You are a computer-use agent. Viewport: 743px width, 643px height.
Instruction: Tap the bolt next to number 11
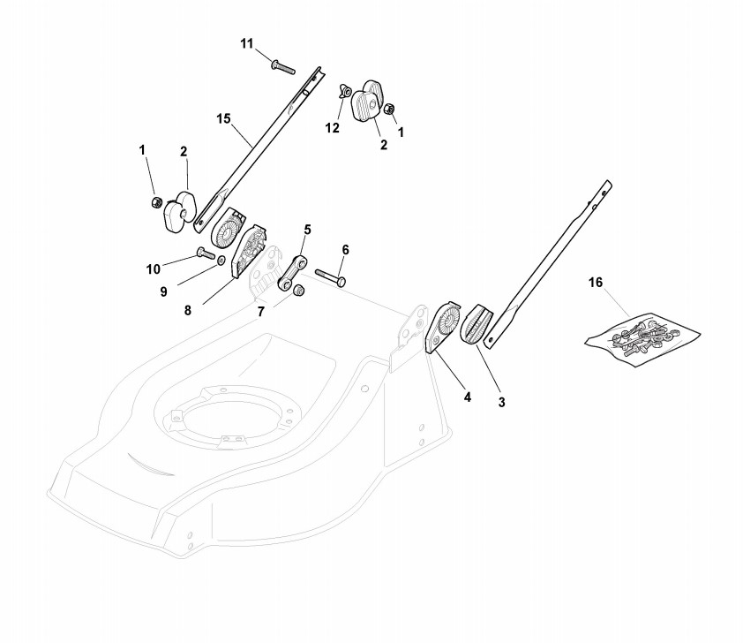(283, 66)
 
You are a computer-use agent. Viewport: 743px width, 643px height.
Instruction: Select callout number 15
(224, 117)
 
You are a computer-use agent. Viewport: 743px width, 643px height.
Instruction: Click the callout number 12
(332, 128)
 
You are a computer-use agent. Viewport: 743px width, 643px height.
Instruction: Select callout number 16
(596, 283)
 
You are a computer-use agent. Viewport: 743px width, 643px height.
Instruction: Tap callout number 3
(501, 403)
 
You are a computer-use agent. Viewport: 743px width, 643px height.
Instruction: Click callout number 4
(467, 397)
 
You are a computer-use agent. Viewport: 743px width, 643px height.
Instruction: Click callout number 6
(345, 250)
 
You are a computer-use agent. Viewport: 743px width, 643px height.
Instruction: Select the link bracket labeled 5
(291, 271)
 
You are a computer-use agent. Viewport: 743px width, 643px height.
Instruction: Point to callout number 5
(307, 230)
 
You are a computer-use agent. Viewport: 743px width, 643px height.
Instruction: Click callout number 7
(260, 313)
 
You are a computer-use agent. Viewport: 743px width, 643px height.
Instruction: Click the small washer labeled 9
(220, 261)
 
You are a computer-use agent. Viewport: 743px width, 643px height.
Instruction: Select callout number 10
(154, 269)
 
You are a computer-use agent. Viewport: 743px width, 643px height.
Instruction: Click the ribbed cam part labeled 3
(476, 326)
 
